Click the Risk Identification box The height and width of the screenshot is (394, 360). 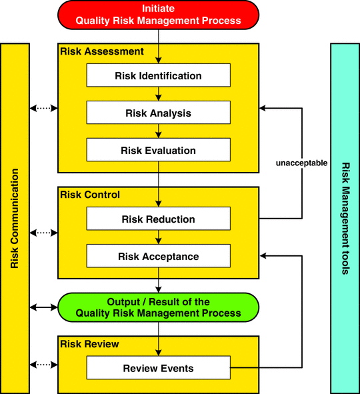tap(159, 75)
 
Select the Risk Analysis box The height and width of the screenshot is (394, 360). tap(159, 112)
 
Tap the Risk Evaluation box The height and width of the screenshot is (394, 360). tap(159, 150)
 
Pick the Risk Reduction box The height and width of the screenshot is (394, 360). tap(159, 219)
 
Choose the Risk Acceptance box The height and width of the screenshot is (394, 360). tap(159, 256)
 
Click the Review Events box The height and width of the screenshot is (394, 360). tap(159, 367)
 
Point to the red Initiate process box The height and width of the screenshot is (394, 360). tap(158, 15)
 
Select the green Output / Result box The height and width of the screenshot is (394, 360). tap(158, 307)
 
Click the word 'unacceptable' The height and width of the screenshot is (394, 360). tap(301, 163)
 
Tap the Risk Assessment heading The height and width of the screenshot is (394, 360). tap(102, 51)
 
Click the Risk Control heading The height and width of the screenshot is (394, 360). tap(90, 195)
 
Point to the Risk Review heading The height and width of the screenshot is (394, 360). tap(89, 344)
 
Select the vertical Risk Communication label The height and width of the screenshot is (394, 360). tap(15, 219)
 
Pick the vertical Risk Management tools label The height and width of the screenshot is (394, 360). tap(346, 219)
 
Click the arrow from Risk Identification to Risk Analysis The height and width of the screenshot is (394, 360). tap(158, 94)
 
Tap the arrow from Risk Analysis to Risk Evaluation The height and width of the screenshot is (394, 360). tap(158, 131)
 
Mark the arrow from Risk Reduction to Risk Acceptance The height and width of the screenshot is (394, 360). tap(158, 237)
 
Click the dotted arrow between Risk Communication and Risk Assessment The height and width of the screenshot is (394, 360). tap(44, 108)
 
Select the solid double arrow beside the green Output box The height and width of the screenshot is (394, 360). tap(44, 307)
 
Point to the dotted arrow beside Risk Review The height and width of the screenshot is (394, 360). tap(44, 365)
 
